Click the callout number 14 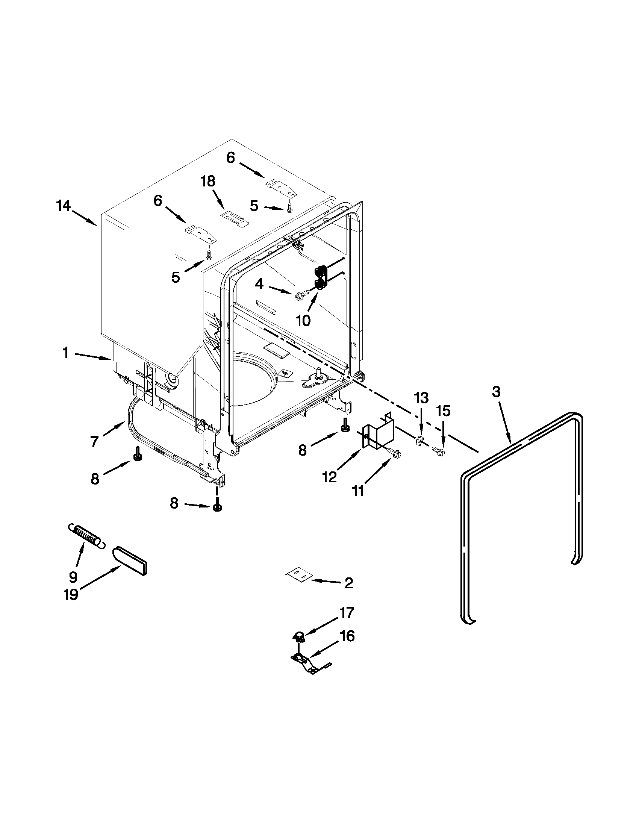pos(64,206)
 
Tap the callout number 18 pos(208,182)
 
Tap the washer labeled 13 pos(419,440)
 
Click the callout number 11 pos(357,491)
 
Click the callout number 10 pos(303,320)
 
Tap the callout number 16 pos(347,636)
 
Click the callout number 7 pos(94,441)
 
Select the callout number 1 pos(65,353)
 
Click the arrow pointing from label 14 pos(84,218)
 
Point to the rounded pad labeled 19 pos(130,561)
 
